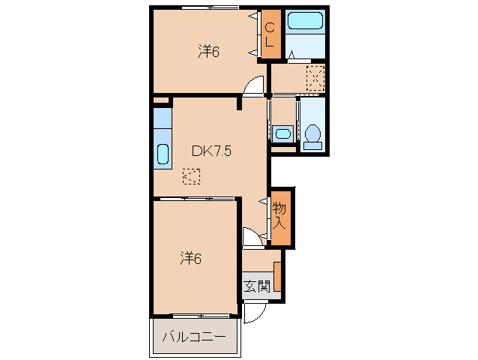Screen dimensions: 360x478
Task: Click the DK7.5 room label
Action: point(211,151)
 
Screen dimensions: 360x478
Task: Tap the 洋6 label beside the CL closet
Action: point(208,52)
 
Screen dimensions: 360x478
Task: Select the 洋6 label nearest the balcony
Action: point(190,259)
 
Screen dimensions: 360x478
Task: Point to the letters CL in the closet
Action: point(270,34)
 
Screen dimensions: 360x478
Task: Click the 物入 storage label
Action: point(279,215)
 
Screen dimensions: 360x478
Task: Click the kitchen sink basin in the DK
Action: point(163,155)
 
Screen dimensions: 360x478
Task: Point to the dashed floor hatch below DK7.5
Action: point(192,177)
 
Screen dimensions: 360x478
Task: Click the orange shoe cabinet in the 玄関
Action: point(277,277)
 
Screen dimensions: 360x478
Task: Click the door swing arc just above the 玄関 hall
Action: point(252,238)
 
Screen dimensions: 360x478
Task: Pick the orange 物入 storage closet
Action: point(279,217)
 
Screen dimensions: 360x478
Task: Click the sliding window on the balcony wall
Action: point(199,315)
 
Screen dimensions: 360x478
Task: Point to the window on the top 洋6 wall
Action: point(210,7)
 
